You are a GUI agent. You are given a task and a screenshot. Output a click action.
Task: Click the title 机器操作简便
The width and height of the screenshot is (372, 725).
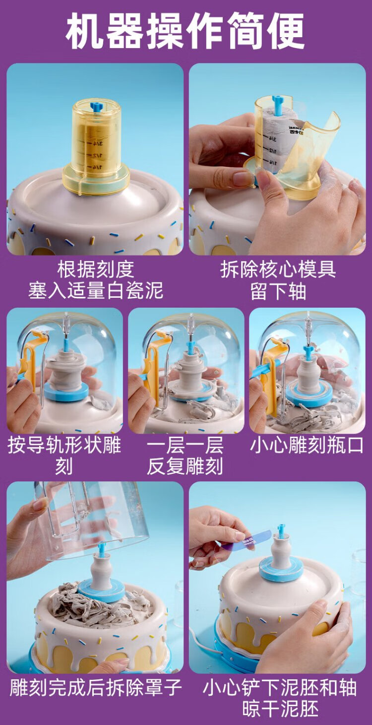186,31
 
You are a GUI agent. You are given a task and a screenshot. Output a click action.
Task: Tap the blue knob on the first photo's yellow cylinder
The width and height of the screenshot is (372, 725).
97,107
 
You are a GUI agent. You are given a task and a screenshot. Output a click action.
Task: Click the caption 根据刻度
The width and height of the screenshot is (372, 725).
96,269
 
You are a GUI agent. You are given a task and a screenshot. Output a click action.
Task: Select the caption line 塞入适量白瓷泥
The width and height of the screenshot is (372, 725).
96,290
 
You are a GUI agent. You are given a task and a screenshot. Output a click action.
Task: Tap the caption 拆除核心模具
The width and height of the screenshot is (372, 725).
278,269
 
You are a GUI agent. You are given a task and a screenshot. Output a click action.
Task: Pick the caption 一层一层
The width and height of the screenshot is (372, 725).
185,446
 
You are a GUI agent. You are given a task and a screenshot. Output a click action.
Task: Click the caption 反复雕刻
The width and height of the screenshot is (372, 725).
185,466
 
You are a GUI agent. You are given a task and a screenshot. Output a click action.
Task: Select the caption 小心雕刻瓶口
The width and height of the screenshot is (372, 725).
307,446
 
